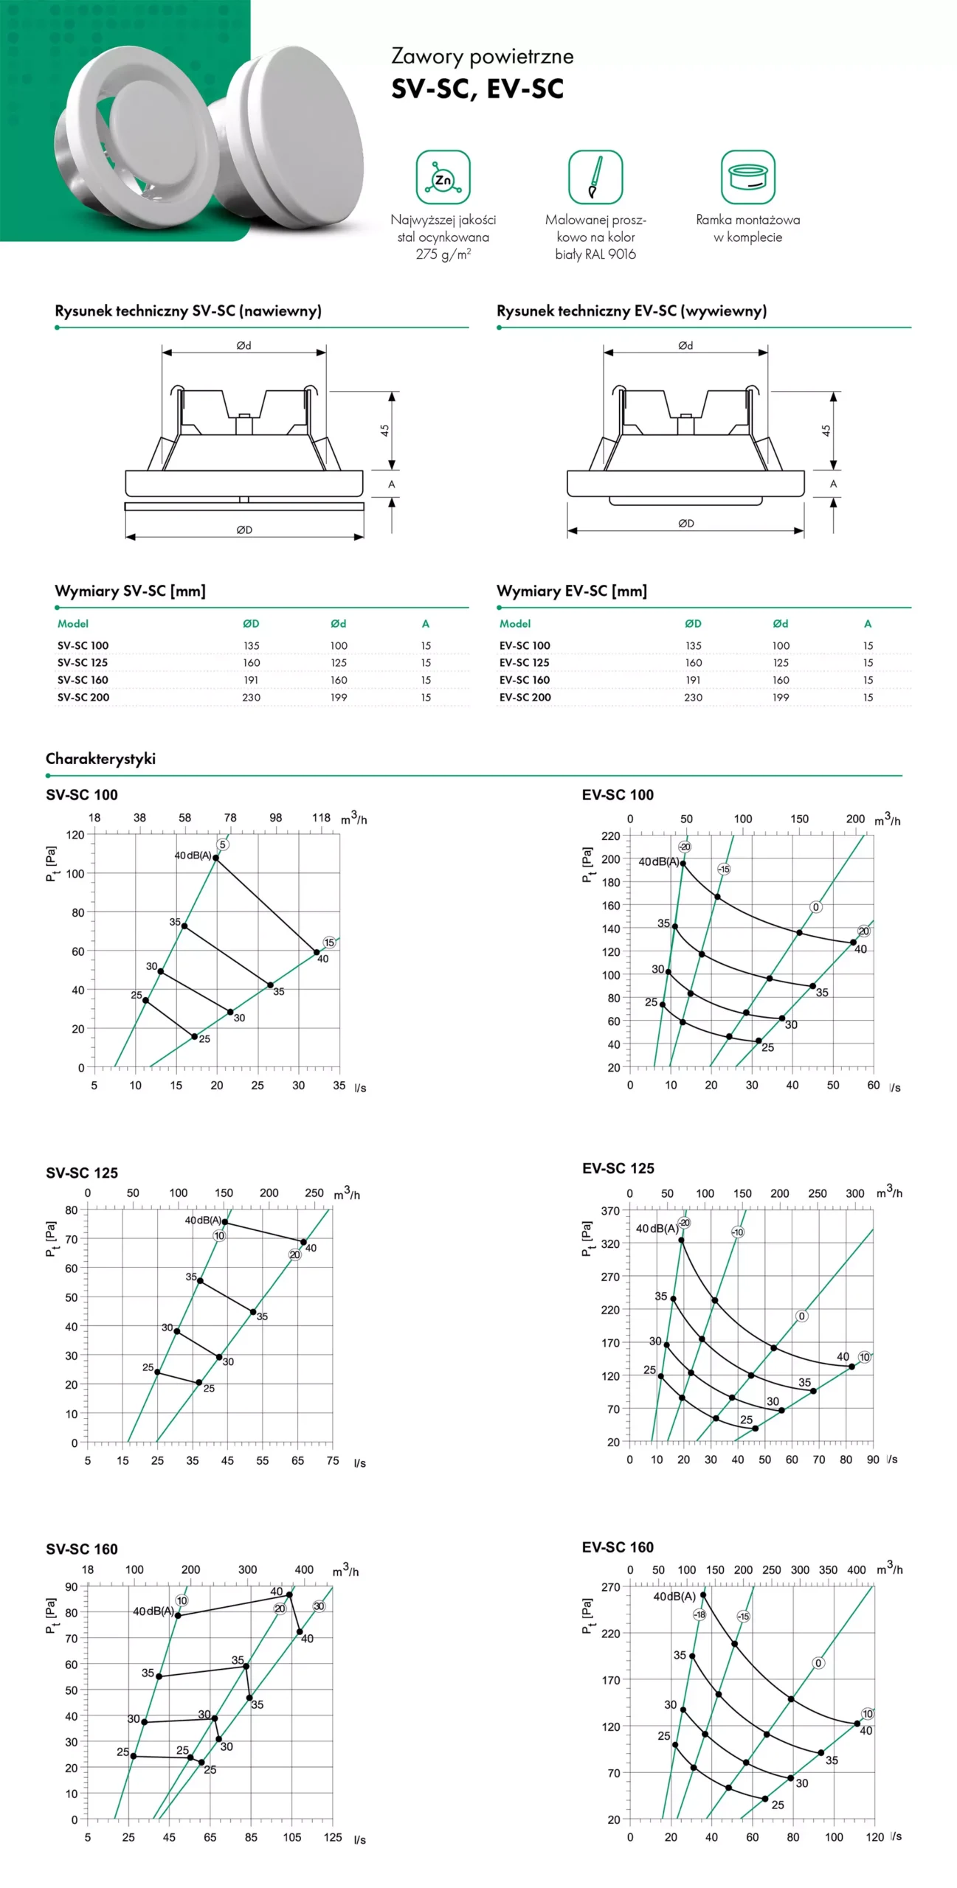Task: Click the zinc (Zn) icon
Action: tap(443, 177)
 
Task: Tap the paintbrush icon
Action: tap(595, 177)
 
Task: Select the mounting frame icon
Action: tap(747, 177)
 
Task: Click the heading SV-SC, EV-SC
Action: tap(477, 89)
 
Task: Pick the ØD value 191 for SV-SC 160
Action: tap(251, 680)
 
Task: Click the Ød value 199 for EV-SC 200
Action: tap(781, 697)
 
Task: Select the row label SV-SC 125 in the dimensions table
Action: tap(83, 662)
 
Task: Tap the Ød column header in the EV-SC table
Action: tap(781, 623)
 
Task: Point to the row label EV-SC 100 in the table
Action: tap(525, 645)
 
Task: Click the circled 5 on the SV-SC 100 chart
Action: tap(223, 844)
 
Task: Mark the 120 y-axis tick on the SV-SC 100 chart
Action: tap(76, 835)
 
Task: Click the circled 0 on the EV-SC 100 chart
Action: tap(815, 907)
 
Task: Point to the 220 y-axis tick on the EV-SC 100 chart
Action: tap(611, 836)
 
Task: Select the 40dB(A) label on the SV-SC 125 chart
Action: tap(203, 1221)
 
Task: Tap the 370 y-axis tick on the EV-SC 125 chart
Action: tap(610, 1211)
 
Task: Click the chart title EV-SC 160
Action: tap(618, 1547)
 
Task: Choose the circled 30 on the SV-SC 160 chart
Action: tap(319, 1606)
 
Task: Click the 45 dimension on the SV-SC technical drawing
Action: tap(384, 430)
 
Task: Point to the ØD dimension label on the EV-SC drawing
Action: tap(686, 524)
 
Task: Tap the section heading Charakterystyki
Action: tap(100, 759)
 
